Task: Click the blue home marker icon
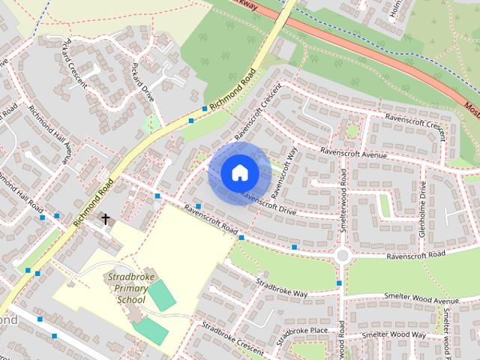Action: click(x=239, y=173)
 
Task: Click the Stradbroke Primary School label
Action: click(x=125, y=288)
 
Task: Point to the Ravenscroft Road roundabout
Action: click(x=343, y=255)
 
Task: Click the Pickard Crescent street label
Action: click(x=78, y=55)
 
